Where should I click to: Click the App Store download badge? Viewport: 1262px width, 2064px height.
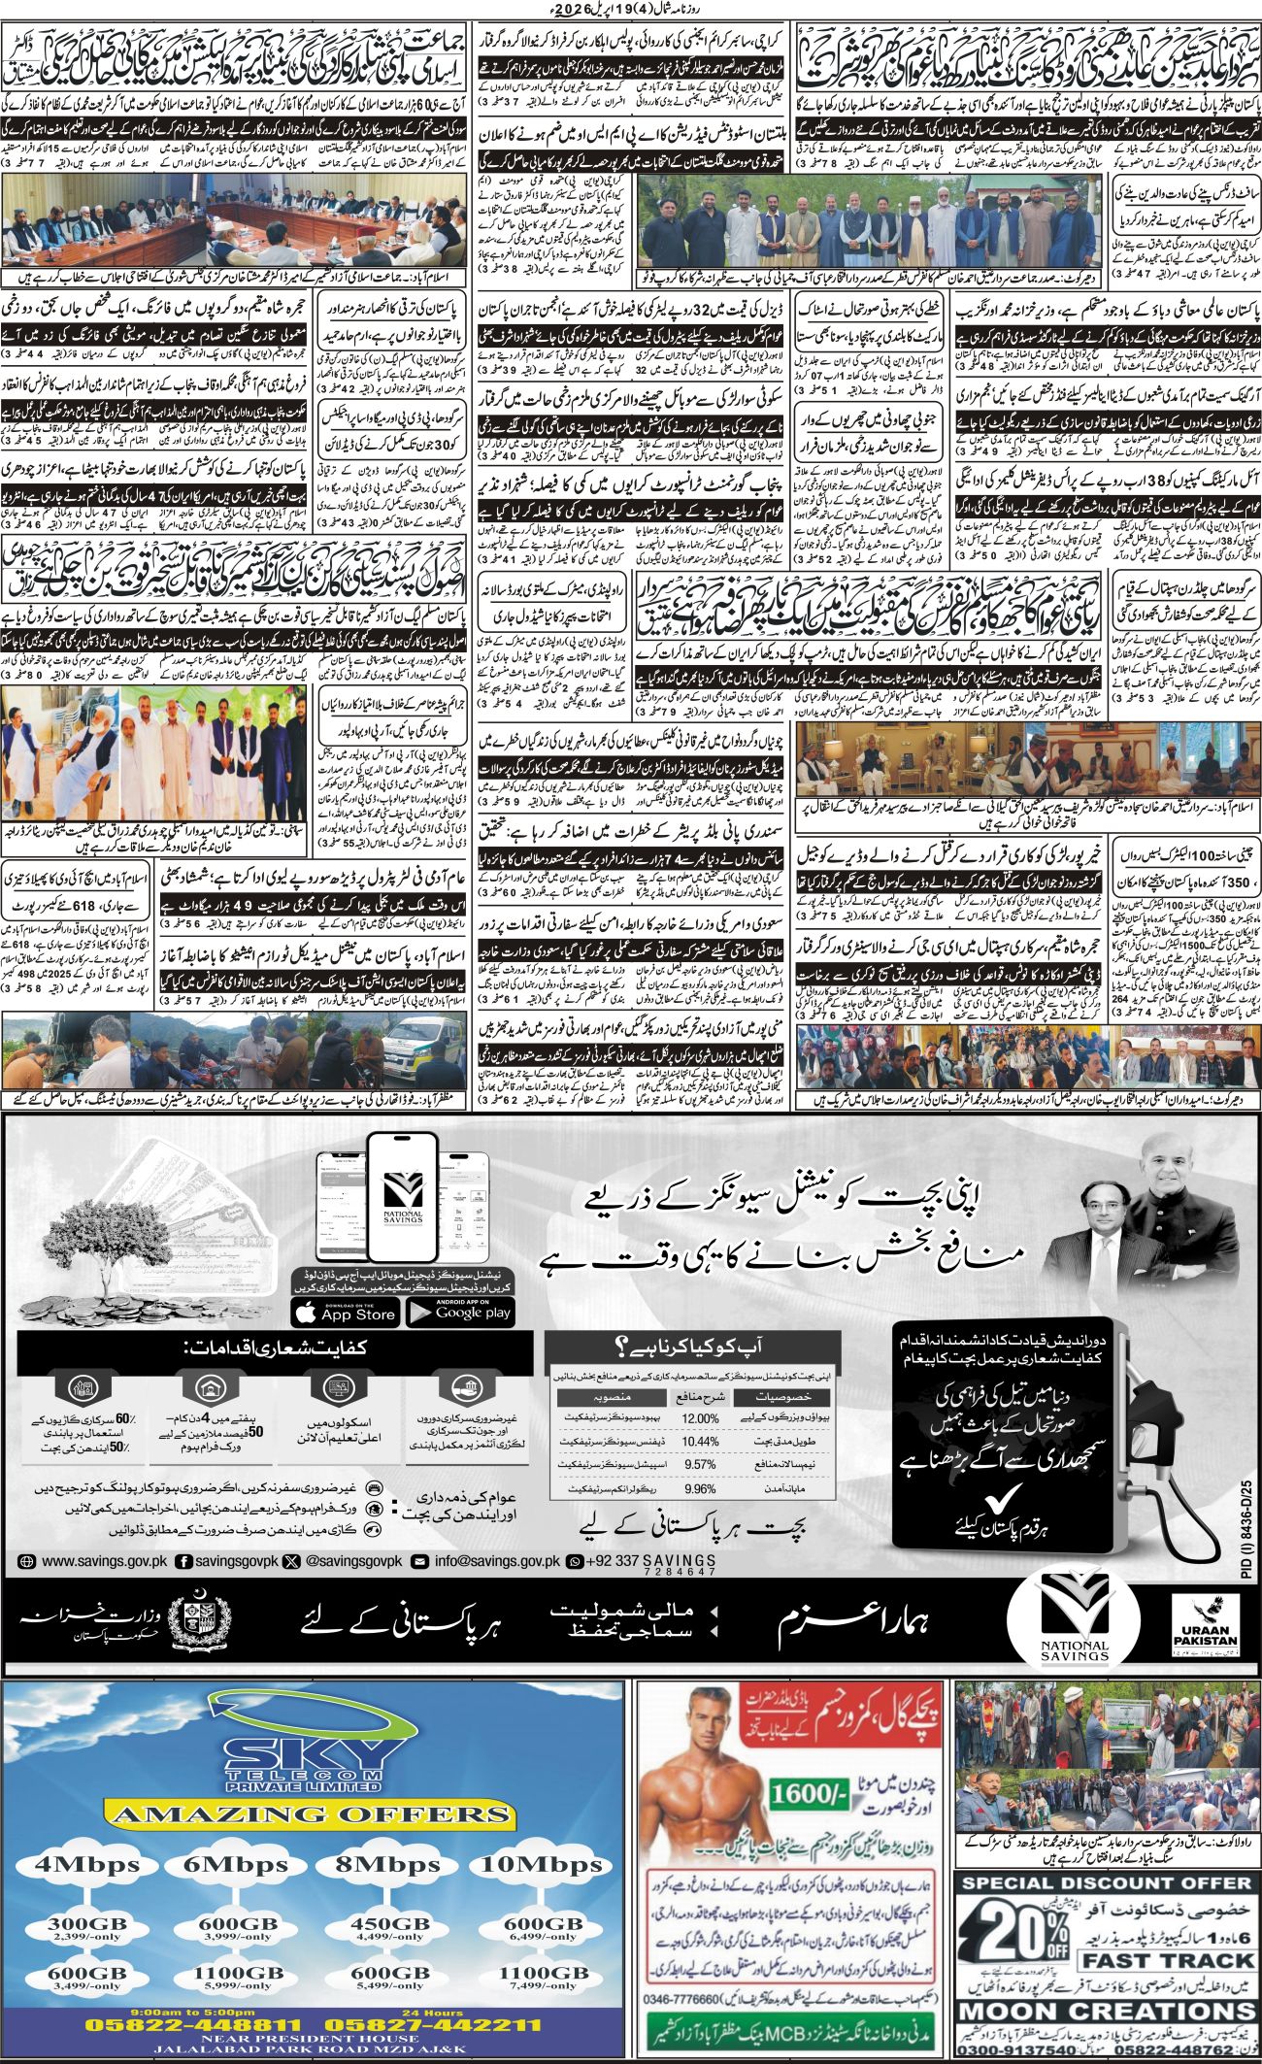pyautogui.click(x=345, y=1313)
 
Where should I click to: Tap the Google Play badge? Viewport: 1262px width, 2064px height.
pyautogui.click(x=460, y=1313)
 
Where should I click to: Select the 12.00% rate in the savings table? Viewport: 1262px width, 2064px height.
pyautogui.click(x=700, y=1418)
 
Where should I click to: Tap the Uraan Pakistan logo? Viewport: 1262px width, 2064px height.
pyautogui.click(x=1206, y=1642)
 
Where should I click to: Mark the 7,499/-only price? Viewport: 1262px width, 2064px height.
pyautogui.click(x=541, y=1986)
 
